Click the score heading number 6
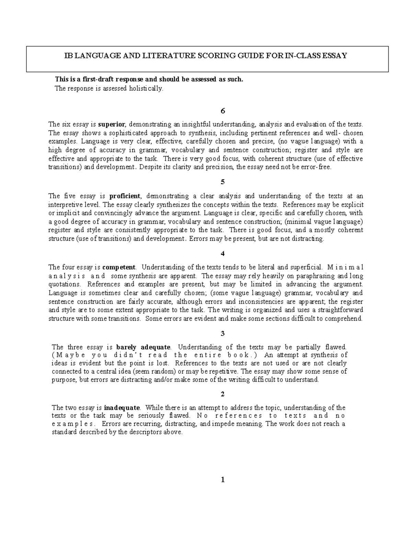223,111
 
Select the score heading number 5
223,182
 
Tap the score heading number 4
223,254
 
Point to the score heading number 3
223,333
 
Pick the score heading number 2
223,394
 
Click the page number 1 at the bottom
223,480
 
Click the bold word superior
112,124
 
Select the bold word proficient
125,196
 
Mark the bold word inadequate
122,408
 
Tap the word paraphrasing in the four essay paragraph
316,276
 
